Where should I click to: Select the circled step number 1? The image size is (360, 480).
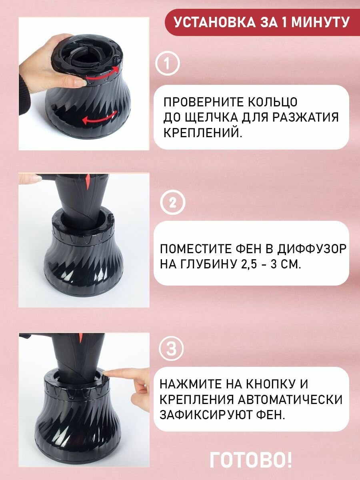168,64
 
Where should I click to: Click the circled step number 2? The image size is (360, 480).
173,203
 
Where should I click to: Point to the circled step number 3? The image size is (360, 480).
171,349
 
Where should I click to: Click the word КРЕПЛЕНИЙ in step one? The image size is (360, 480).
203,132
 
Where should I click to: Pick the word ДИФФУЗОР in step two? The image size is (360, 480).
312,249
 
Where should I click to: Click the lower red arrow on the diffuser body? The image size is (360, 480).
100,118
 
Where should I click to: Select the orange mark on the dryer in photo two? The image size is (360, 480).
88,181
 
